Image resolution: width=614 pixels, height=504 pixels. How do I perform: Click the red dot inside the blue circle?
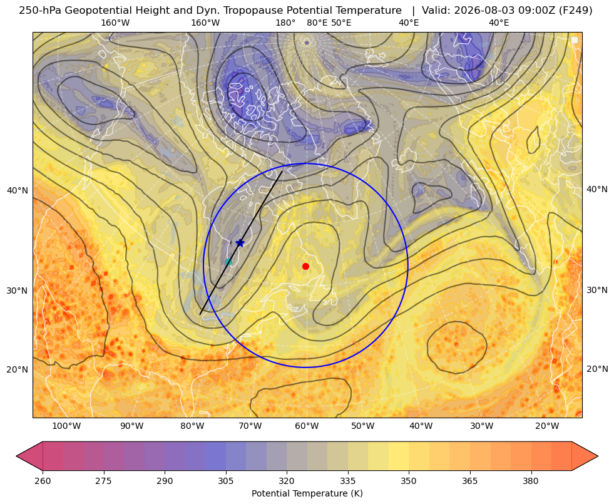coord(306,266)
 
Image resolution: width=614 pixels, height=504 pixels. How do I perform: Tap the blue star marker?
coord(240,243)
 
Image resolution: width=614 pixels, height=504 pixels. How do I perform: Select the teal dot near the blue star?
coord(228,262)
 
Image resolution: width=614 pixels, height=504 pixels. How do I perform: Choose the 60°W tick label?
coord(307,426)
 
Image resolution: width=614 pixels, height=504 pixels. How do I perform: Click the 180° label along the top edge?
coord(285,23)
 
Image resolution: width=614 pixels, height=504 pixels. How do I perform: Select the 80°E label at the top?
coord(317,23)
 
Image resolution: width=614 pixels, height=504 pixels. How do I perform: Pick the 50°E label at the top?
coord(341,23)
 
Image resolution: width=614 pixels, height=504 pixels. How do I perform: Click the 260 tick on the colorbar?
coord(43,481)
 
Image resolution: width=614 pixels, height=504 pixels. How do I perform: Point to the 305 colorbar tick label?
coord(226,481)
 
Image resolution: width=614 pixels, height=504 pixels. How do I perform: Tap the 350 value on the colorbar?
coord(409,481)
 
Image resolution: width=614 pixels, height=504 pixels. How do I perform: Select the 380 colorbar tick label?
coord(531,481)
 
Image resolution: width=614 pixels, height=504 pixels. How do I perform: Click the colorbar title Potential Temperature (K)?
coord(307,493)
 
